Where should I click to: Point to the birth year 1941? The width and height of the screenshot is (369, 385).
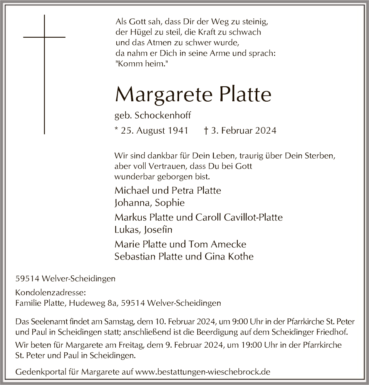point(178,131)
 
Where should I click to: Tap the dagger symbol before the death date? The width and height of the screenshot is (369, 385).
point(207,131)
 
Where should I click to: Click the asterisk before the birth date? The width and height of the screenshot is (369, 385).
point(117,130)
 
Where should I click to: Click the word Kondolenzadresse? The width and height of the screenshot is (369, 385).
point(45,292)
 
